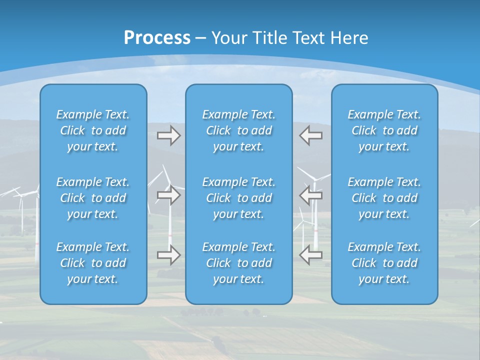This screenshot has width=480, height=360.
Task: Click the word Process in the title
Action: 157,38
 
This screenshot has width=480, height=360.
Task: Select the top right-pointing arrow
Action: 168,135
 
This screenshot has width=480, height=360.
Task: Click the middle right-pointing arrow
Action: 168,195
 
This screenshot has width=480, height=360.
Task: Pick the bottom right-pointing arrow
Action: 168,255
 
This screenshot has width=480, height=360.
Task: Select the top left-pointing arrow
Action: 311,135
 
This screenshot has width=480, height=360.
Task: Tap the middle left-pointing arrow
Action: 311,195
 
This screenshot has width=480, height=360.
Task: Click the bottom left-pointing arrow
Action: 311,255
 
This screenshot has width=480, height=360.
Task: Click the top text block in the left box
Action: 93,130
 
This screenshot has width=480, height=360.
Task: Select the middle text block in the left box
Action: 93,198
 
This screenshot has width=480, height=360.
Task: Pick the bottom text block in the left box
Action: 93,263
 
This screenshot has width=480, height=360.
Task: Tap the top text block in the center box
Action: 238,130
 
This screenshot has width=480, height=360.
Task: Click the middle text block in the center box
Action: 238,198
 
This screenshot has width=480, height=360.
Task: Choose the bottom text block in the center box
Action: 238,263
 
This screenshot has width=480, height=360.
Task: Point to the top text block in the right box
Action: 384,130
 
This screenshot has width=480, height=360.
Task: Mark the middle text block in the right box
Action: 384,198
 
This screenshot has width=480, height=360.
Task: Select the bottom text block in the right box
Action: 384,263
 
